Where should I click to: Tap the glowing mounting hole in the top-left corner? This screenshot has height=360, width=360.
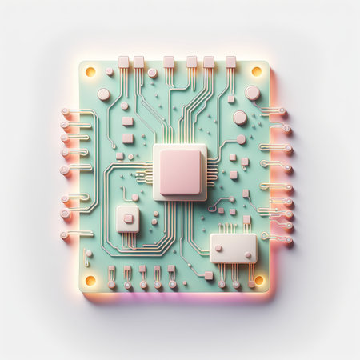(90, 72)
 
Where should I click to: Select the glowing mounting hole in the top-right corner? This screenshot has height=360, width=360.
(257, 71)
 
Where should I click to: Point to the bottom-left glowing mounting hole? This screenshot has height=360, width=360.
(90, 281)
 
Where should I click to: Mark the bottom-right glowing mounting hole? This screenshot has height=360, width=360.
(258, 280)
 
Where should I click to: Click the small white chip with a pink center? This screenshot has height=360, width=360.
(128, 218)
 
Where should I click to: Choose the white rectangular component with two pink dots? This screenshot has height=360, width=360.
(234, 248)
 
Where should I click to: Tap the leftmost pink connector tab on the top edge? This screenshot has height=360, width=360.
(124, 62)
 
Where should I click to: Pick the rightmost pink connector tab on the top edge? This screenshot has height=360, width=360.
(230, 62)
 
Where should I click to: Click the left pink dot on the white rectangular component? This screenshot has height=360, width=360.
(218, 249)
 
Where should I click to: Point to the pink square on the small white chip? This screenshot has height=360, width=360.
(128, 218)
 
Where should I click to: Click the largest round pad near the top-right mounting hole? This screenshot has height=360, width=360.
(252, 93)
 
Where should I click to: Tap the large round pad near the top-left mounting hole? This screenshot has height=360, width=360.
(104, 94)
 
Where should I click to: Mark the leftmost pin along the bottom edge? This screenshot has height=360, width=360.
(112, 284)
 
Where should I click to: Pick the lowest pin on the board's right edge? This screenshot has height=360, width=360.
(286, 238)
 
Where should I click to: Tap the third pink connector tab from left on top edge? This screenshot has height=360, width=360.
(169, 62)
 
